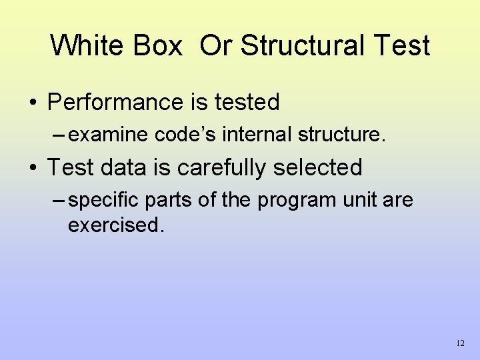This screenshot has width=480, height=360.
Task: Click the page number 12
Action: pos(460,343)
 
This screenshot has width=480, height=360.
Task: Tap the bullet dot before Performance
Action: pos(33,103)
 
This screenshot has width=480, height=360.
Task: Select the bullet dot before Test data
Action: pos(33,168)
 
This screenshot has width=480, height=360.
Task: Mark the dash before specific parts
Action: pos(58,201)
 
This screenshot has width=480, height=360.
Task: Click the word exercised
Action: pos(115,225)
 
